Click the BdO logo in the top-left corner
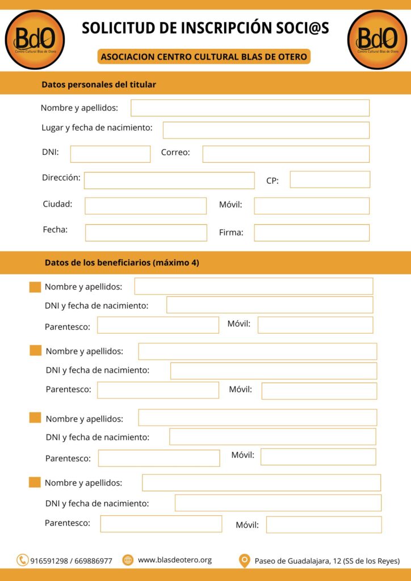point(35,40)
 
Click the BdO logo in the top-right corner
point(377,40)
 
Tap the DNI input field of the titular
point(110,154)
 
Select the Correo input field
point(286,154)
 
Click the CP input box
point(330,179)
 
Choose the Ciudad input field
point(145,205)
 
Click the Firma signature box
point(312,233)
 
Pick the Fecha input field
point(146,233)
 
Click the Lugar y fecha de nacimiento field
point(266,130)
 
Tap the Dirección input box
point(169,180)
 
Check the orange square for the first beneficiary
point(35,287)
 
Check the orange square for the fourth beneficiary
point(35,482)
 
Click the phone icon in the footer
point(23,560)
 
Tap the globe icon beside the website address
point(128,560)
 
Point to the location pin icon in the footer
point(245,561)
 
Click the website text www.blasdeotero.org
point(175,560)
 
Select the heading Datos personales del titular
point(99,85)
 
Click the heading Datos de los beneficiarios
point(121,263)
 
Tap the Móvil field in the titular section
point(312,205)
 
